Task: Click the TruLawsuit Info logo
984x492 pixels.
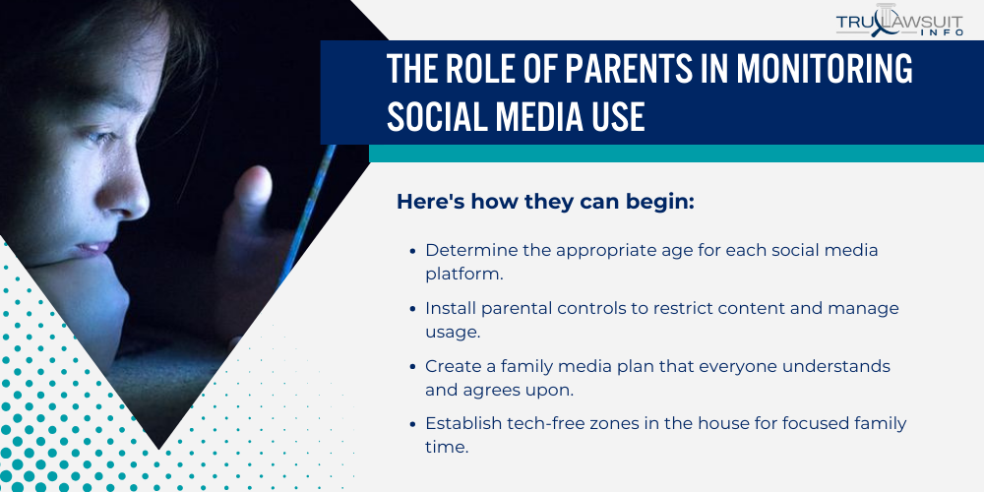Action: pos(899,21)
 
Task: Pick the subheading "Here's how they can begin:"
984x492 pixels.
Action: pos(545,202)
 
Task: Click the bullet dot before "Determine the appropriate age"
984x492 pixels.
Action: pos(412,250)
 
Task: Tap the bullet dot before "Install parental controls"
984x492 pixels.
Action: pos(412,309)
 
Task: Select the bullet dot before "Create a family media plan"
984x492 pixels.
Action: pos(412,366)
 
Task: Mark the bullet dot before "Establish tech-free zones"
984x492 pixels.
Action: pos(412,424)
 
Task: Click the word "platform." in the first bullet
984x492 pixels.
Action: pos(464,275)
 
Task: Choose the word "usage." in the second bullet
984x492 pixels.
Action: pos(453,333)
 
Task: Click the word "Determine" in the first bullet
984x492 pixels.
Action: pos(466,250)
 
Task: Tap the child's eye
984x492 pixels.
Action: pos(100,137)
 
